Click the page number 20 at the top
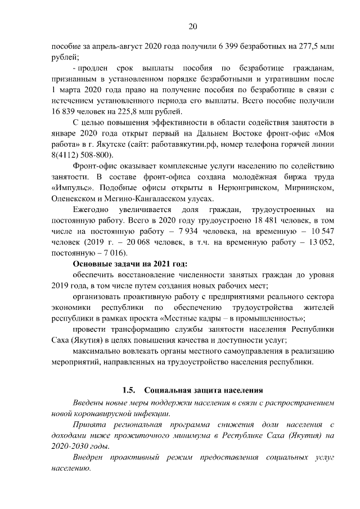click(x=192, y=26)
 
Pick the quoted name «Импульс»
click(x=70, y=187)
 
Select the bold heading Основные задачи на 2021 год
click(x=130, y=264)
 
